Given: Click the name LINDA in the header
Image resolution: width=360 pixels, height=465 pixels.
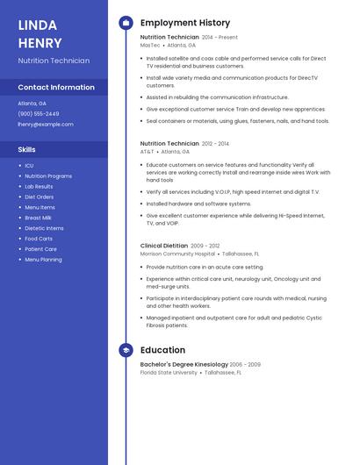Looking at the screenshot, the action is (37, 25).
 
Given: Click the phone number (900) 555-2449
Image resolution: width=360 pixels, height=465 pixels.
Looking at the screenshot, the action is (39, 114).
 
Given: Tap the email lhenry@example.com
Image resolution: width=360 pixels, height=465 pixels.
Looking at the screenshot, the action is (46, 125).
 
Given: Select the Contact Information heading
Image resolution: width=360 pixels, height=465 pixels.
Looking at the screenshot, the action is (56, 88).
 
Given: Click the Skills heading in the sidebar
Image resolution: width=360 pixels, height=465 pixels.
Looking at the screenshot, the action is (27, 150).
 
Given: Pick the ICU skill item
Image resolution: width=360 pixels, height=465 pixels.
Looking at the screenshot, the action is (29, 166).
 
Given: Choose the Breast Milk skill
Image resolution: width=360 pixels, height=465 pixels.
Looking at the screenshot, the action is (38, 218).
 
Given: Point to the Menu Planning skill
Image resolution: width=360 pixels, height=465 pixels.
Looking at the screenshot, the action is (43, 260).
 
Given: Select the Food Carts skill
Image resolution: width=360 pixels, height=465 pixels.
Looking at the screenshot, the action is (39, 239).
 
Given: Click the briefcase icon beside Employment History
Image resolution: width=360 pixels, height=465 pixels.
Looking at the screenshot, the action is (126, 23).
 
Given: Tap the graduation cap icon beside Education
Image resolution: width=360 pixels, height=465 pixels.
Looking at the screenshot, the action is (126, 350).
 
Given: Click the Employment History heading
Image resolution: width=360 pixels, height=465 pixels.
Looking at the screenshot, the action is (185, 23).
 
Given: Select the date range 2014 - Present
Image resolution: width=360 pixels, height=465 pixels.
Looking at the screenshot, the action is (220, 38).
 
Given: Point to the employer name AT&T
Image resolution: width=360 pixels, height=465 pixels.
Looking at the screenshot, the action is (147, 151).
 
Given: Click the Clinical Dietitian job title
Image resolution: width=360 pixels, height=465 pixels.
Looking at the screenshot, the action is (164, 246).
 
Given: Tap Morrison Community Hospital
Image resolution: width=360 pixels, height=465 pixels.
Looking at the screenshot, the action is (177, 254).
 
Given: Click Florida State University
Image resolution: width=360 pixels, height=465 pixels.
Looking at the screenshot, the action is (169, 372).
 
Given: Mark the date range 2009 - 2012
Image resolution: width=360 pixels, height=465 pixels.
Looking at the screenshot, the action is (205, 246).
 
